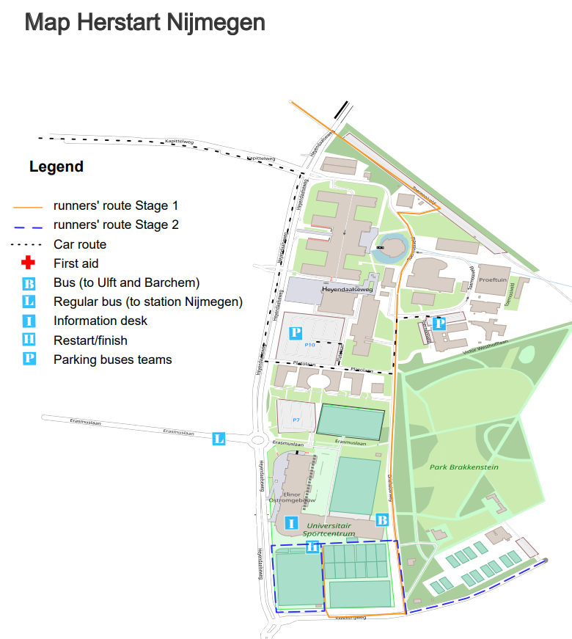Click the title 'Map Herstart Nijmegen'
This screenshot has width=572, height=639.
click(x=145, y=21)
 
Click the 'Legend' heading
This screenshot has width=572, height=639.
click(x=56, y=167)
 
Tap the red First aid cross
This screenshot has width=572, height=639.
click(x=29, y=263)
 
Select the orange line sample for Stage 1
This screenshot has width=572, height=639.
click(x=28, y=206)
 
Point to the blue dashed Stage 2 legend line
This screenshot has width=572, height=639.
click(x=28, y=225)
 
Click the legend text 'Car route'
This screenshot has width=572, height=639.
click(x=80, y=244)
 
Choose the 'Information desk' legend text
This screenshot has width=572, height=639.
click(x=100, y=321)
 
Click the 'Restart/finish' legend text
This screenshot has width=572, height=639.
click(x=90, y=340)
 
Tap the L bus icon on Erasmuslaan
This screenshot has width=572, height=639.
click(x=219, y=439)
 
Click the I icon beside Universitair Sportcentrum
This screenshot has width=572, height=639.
click(x=292, y=523)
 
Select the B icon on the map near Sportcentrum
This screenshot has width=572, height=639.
click(x=381, y=519)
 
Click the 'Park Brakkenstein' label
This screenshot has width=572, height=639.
click(x=459, y=466)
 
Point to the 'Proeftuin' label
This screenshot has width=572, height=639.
click(x=496, y=280)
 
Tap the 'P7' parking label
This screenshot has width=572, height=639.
click(x=297, y=420)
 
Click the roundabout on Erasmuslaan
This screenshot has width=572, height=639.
click(x=259, y=442)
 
